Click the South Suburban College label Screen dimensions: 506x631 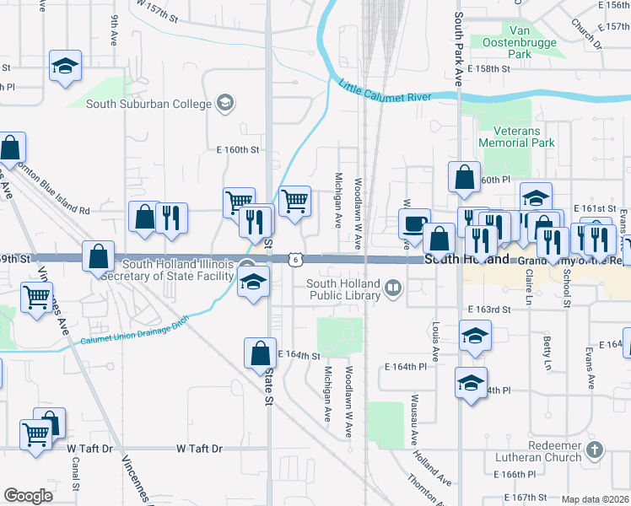[149, 104]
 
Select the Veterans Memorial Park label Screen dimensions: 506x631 [516, 137]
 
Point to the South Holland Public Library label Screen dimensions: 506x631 [343, 289]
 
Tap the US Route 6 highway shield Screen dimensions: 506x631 [294, 260]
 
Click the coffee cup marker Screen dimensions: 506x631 [413, 223]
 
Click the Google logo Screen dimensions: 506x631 [28, 496]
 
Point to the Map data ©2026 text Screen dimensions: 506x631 [595, 499]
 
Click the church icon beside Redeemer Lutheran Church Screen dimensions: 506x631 [596, 449]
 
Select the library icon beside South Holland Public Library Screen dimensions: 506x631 [392, 289]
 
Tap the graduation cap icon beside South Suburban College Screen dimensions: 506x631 [224, 104]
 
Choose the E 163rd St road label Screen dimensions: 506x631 [488, 310]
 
